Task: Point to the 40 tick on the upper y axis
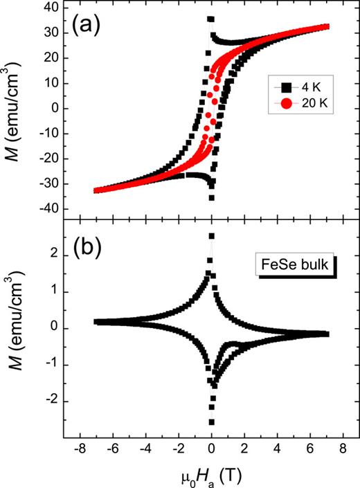(x=49, y=8)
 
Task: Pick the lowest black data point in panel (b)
(x=211, y=422)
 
